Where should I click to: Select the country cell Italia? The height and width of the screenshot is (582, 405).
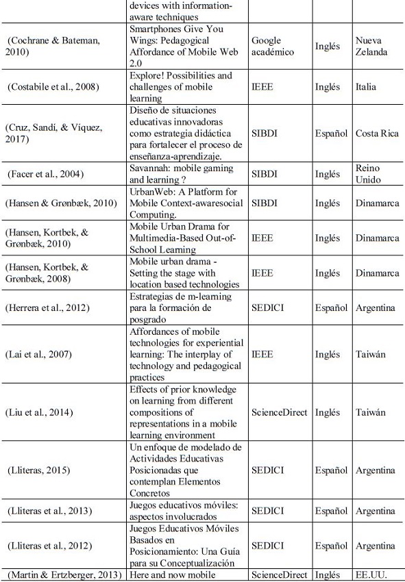[367, 87]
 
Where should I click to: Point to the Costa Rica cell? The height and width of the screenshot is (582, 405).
[377, 133]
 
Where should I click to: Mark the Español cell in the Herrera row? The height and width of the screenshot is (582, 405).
[331, 307]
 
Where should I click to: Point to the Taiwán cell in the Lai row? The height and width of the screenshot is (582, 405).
[371, 354]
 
